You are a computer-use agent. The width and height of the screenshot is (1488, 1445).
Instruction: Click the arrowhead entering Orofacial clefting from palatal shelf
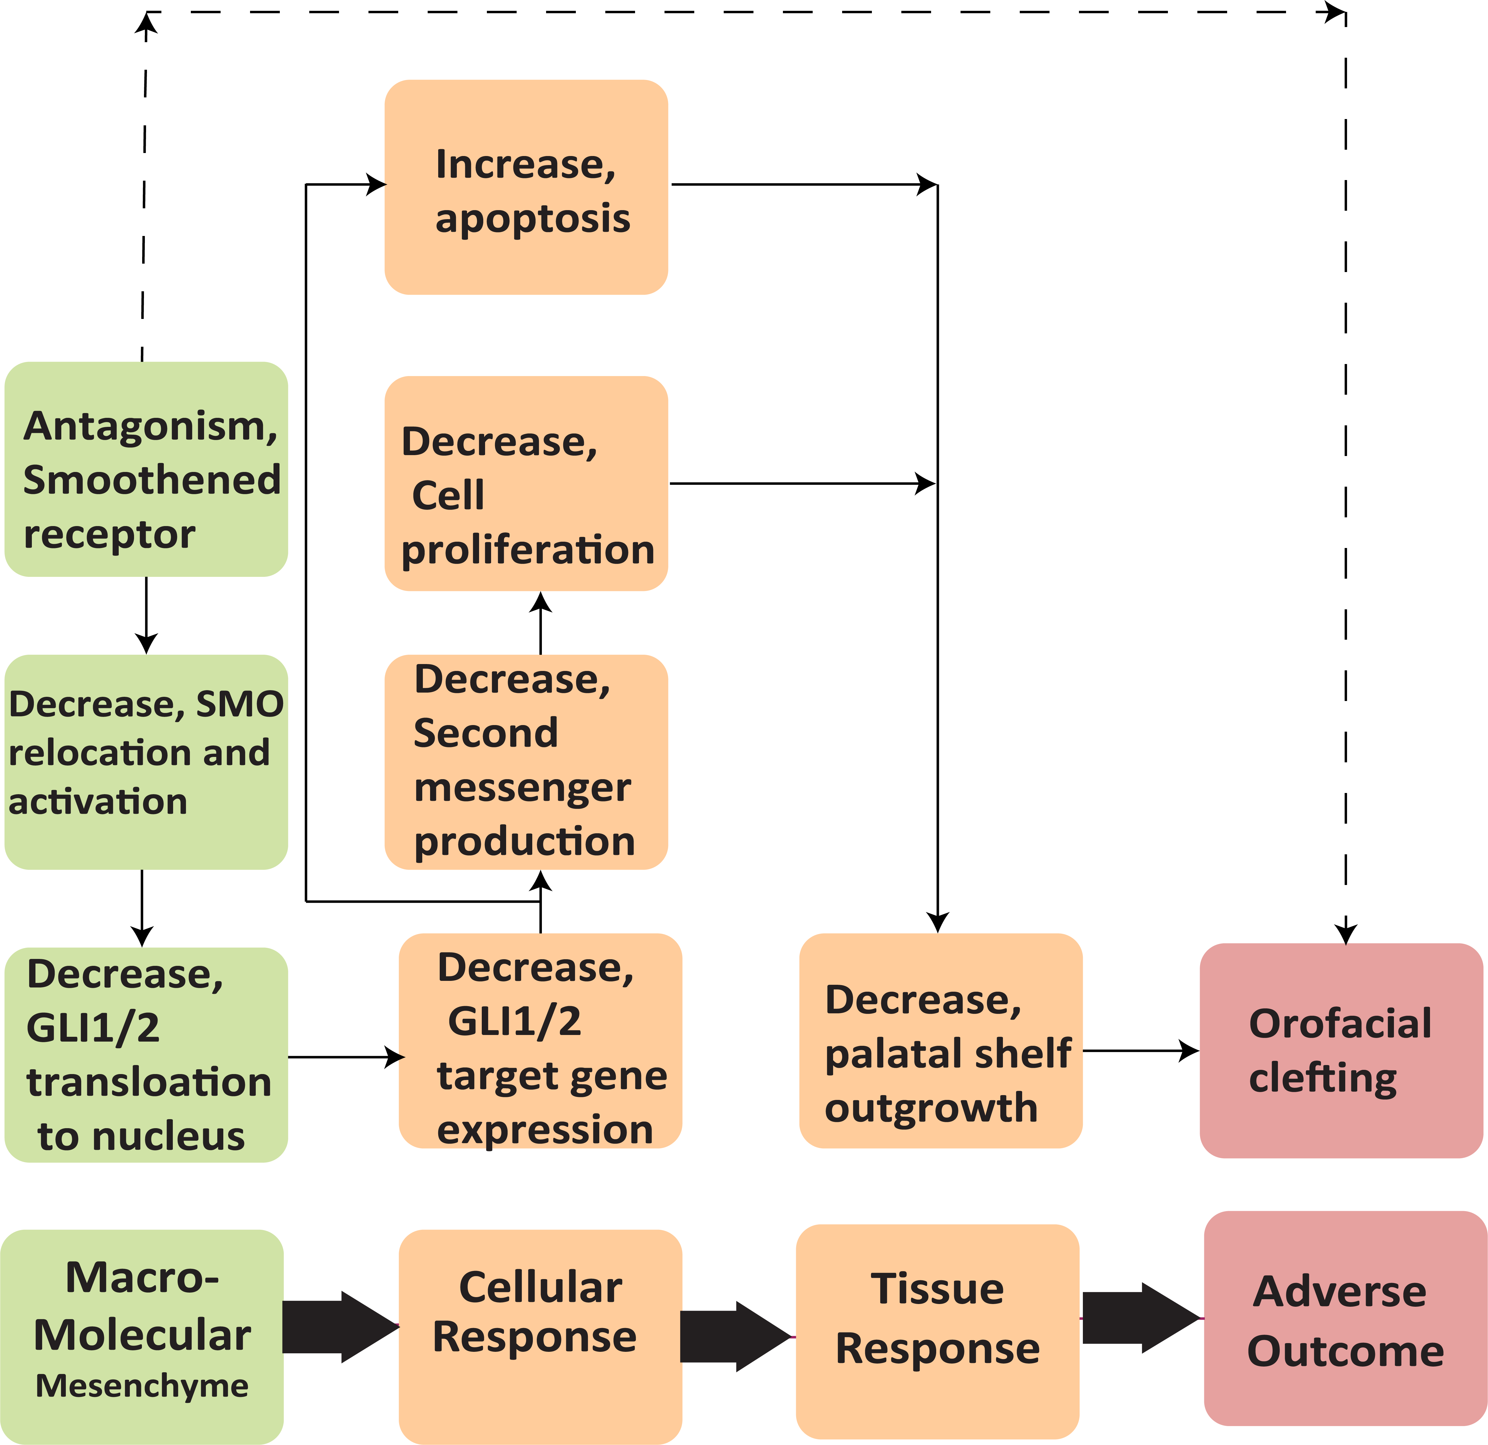point(1189,1051)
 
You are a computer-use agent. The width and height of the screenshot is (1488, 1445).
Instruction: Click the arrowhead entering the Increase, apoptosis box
point(377,184)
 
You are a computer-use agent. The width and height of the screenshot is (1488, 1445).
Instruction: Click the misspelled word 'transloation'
point(149,1082)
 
